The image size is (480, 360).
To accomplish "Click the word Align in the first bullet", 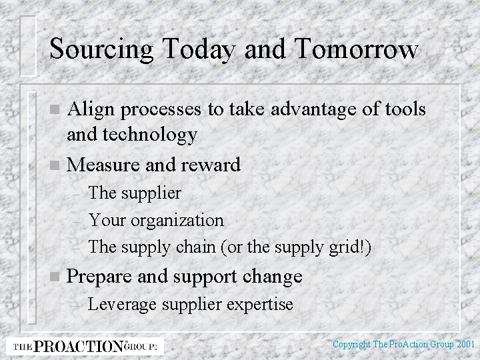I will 91,109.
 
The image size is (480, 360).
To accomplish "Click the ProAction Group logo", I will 85,345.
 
